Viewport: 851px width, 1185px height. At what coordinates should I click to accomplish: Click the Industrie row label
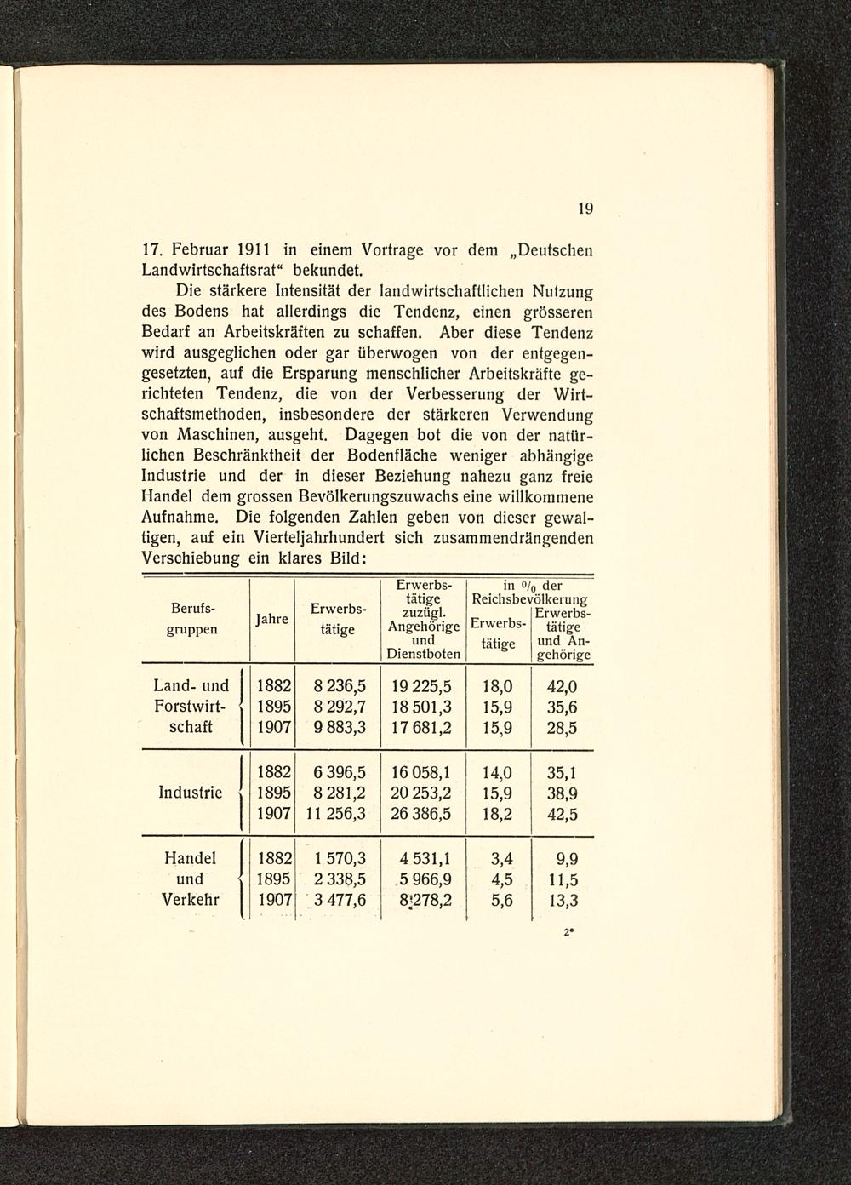click(x=191, y=793)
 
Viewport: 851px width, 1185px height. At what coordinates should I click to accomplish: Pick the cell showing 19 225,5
click(x=422, y=685)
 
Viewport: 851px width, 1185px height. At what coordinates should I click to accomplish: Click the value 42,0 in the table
click(x=562, y=686)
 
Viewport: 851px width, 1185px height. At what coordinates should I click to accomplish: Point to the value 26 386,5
click(x=422, y=815)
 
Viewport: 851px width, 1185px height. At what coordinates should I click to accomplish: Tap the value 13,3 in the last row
click(x=563, y=901)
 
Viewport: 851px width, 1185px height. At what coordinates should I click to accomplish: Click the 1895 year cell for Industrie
click(x=274, y=793)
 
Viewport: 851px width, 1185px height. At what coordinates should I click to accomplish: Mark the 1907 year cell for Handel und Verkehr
click(x=274, y=901)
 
